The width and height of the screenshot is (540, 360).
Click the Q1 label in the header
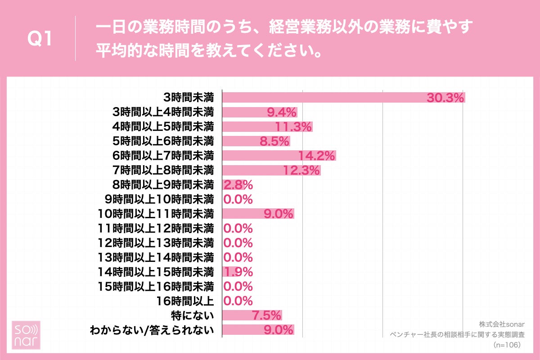point(40,40)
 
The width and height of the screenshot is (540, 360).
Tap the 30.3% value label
point(445,98)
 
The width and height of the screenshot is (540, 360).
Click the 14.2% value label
point(317,156)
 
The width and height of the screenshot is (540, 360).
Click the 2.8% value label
point(238,184)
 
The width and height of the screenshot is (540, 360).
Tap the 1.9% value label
point(238,272)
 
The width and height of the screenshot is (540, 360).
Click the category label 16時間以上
point(188,301)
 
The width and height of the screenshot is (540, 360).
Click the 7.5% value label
point(266,315)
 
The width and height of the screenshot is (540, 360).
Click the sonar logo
point(26,336)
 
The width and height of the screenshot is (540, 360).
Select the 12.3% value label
point(301,170)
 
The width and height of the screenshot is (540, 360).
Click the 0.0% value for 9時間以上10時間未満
point(238,199)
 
